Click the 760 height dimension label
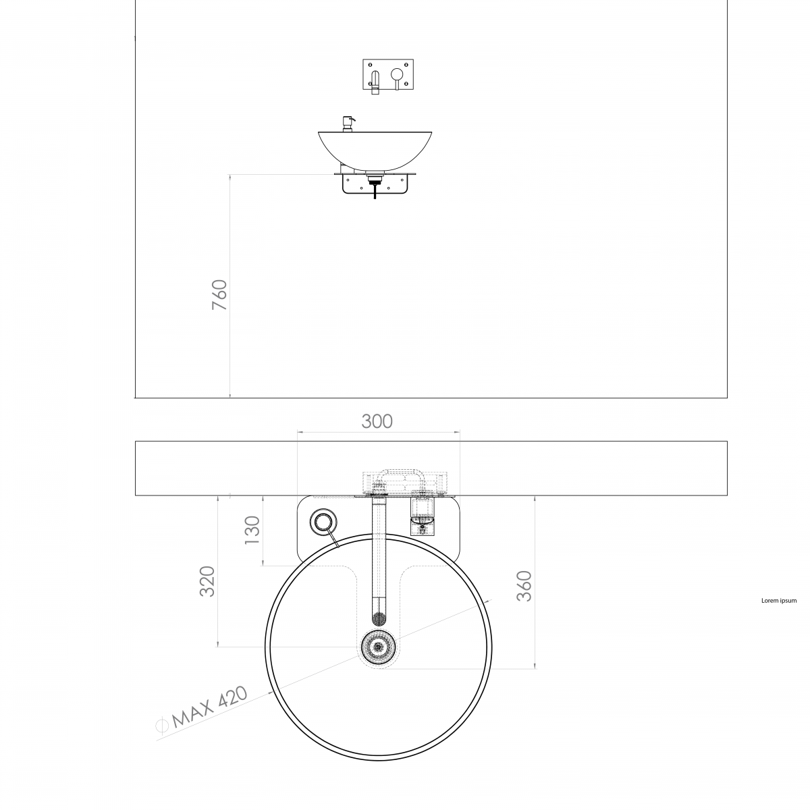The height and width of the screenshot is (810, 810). coord(219,295)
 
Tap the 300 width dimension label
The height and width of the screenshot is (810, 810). coord(377,421)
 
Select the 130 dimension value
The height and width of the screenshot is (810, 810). coord(252,530)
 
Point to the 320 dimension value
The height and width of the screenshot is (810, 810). coord(207,581)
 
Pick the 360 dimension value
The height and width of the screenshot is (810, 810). coord(524,586)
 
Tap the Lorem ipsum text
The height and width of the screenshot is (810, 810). coord(779,601)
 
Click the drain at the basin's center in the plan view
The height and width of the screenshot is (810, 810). coord(379,647)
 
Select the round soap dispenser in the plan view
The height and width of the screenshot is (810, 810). coord(323,522)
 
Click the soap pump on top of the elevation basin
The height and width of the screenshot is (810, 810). coord(348,124)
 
